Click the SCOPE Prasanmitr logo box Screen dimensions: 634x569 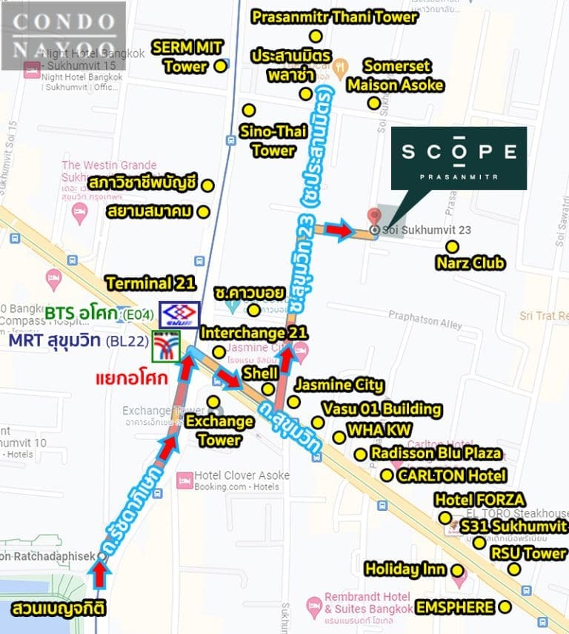point(459,158)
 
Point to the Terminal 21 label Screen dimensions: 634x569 point(150,283)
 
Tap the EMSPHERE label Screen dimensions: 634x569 point(455,607)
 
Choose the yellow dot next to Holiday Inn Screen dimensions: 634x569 point(458,570)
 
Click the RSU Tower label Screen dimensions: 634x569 point(528,553)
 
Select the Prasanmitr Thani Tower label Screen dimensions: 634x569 point(335,16)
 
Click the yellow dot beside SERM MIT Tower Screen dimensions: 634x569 point(220,67)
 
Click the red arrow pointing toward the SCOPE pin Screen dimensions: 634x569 point(340,231)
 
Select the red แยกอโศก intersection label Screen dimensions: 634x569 point(130,379)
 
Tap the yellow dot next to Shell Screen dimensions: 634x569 point(268,389)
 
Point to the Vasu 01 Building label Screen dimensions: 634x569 point(382,409)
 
